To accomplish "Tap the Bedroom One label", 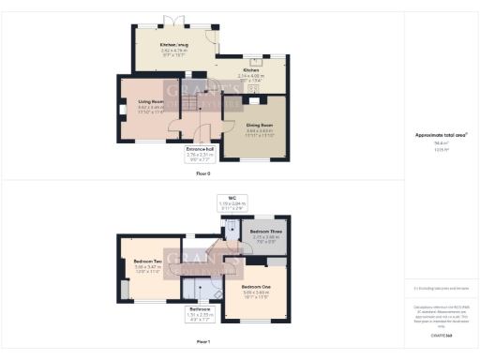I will (x=255, y=287).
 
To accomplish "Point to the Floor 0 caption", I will (x=203, y=173).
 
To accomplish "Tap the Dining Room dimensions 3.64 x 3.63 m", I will (x=259, y=131).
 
